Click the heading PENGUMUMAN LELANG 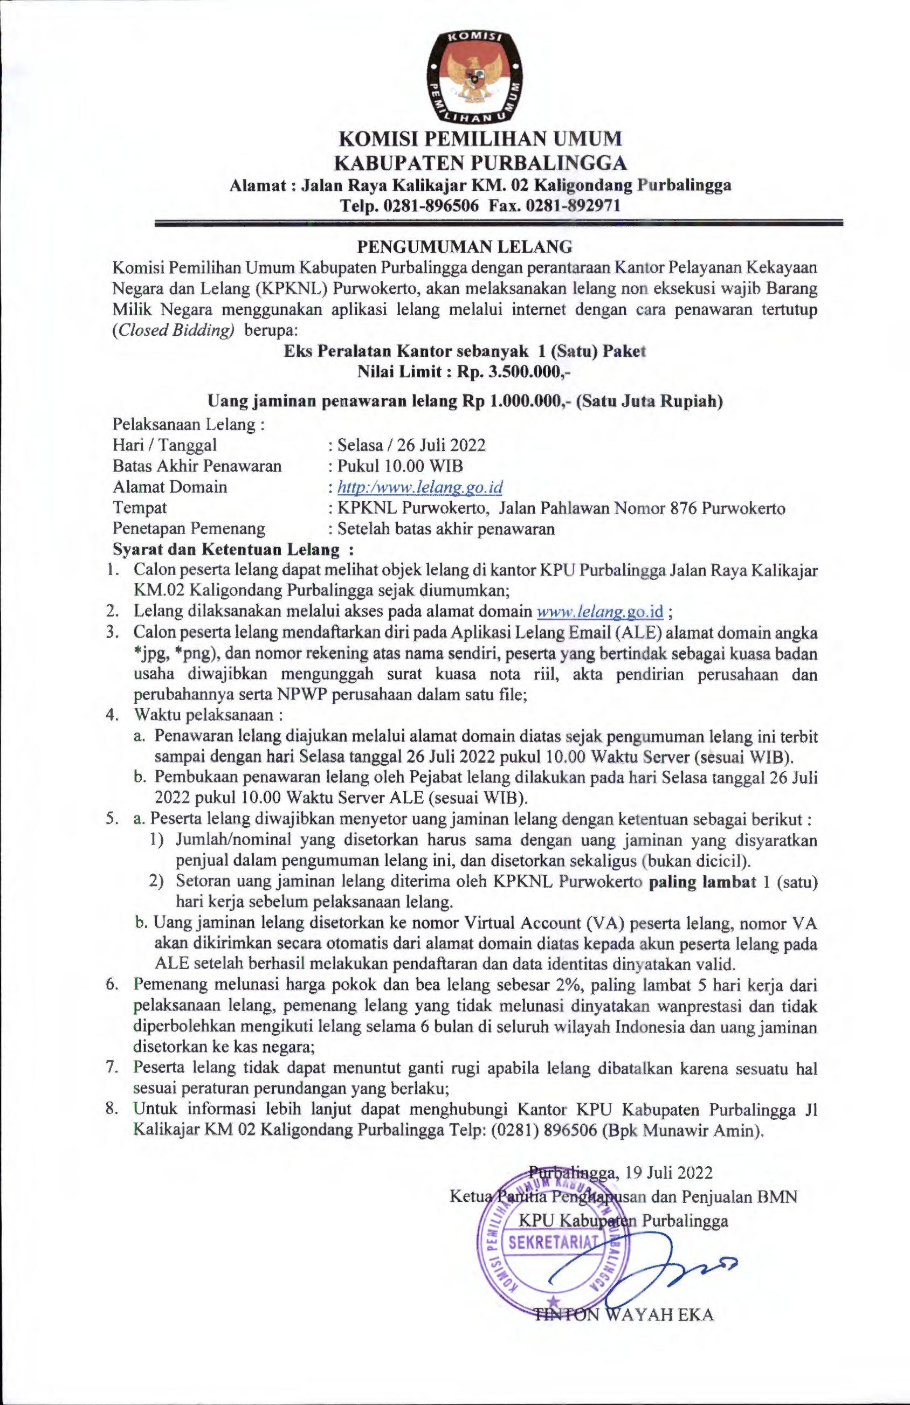(x=465, y=246)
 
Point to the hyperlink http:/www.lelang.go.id (x=420, y=488)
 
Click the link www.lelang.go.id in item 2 (x=600, y=611)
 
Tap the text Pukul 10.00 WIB (x=400, y=466)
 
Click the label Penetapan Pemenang (x=189, y=528)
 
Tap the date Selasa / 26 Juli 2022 (x=411, y=445)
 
